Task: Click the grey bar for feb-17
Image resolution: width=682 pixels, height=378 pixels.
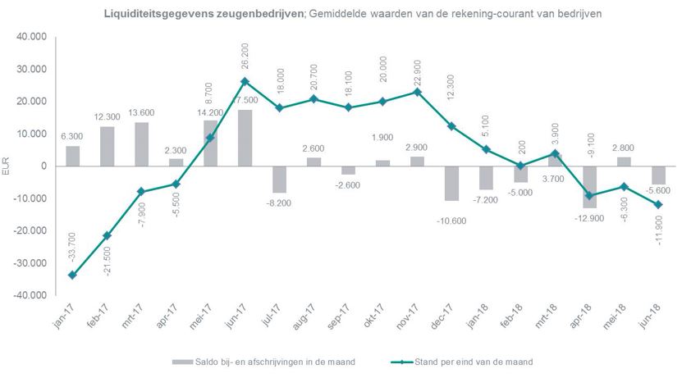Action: (x=107, y=146)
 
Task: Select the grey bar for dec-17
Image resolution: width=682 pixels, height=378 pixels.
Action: (x=451, y=183)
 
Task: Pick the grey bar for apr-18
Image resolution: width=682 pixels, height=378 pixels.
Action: (x=589, y=186)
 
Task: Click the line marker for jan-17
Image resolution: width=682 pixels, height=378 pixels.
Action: (x=72, y=275)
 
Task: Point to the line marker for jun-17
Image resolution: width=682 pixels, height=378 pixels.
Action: (x=245, y=81)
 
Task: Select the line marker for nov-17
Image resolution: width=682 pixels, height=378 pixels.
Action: (x=417, y=92)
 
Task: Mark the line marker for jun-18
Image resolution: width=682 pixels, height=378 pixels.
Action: (x=657, y=204)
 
